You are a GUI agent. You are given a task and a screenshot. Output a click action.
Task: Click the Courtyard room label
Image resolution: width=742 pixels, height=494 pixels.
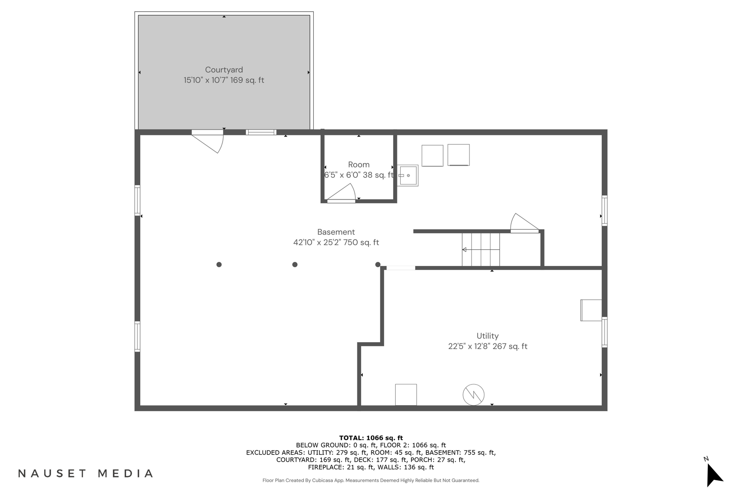(224, 70)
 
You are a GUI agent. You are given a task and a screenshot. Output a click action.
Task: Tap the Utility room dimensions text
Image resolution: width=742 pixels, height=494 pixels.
(487, 347)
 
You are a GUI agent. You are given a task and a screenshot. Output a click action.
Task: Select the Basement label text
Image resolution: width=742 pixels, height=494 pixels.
(336, 232)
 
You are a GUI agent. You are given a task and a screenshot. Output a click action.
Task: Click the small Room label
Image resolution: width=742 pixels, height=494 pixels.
(359, 165)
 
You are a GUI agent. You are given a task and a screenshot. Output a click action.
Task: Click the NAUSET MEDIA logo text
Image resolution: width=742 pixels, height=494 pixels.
(86, 473)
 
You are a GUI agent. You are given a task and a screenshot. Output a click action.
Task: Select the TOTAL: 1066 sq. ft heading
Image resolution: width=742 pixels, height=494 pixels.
(371, 438)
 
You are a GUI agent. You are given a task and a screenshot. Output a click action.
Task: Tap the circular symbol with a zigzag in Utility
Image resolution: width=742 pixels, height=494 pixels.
(473, 395)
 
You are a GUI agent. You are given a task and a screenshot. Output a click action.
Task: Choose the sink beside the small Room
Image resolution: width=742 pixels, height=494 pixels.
(408, 175)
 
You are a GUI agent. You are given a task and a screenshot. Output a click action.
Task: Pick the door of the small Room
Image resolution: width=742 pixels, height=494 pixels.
(341, 194)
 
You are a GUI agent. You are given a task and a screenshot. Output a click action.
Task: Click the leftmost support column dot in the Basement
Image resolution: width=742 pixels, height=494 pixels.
(219, 265)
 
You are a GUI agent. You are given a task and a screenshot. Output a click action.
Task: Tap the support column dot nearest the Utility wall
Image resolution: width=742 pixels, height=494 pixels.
(378, 265)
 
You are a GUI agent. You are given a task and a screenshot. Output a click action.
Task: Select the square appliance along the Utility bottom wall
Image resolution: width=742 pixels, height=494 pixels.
(406, 395)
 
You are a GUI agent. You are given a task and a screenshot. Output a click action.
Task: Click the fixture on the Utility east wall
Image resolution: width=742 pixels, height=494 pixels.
(591, 310)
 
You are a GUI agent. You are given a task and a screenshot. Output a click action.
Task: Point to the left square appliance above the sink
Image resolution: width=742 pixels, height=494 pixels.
(432, 156)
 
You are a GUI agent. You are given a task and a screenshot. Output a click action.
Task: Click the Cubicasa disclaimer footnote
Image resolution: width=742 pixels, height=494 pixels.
(371, 480)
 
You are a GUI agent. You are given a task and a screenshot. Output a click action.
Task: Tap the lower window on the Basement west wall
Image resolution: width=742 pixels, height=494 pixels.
(137, 336)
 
